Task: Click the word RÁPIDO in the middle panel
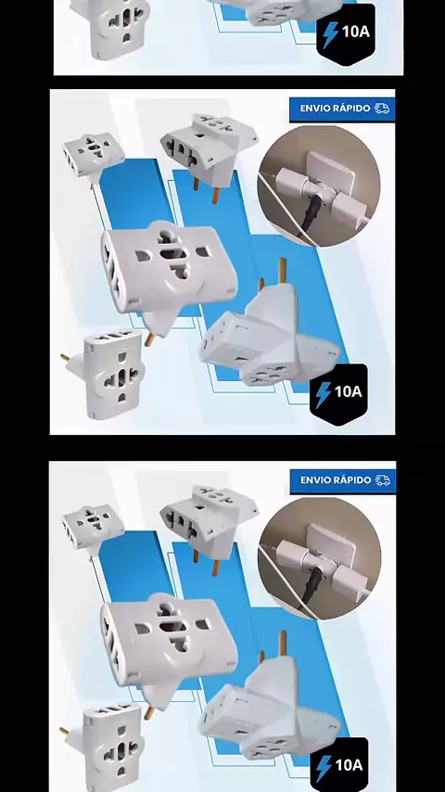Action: [x=353, y=109]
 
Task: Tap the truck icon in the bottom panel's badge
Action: [x=382, y=479]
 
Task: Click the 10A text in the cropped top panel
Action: [x=356, y=32]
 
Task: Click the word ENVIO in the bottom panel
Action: [x=316, y=479]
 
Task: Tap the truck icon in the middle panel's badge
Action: [x=382, y=109]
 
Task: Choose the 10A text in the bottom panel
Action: [x=349, y=765]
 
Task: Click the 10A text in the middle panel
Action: [x=348, y=391]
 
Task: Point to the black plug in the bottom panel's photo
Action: [x=313, y=584]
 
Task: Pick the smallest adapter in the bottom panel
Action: [x=94, y=527]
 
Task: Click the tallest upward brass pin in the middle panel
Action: [x=283, y=271]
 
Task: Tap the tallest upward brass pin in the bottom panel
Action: [x=283, y=644]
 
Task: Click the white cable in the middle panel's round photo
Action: [x=283, y=208]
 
